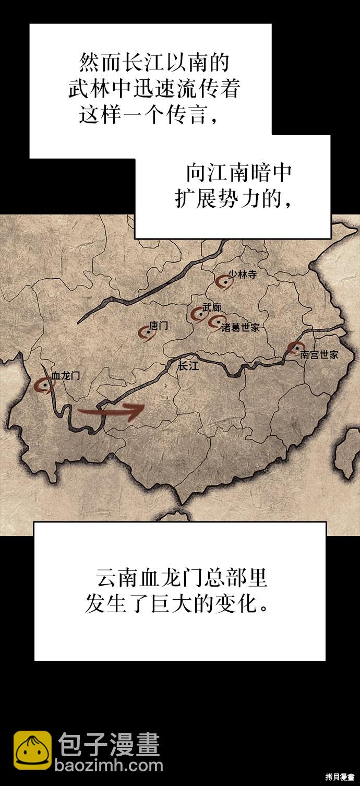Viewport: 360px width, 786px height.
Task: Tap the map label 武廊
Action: click(212, 307)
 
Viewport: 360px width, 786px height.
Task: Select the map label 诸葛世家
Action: click(240, 328)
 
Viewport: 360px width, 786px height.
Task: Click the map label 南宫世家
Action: click(319, 354)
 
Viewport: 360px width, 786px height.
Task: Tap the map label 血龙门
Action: click(66, 376)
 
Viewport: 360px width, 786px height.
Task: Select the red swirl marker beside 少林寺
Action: click(224, 282)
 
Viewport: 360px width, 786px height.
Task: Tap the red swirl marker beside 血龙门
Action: click(44, 385)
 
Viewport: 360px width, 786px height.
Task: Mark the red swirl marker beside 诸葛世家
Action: click(215, 323)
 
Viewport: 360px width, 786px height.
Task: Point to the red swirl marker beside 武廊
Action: click(198, 314)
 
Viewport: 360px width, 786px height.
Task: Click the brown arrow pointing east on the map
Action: click(111, 411)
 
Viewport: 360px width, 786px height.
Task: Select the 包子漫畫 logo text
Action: click(109, 744)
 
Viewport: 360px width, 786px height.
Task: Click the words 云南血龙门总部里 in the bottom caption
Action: click(182, 579)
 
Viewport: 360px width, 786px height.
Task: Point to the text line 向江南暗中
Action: click(238, 173)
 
